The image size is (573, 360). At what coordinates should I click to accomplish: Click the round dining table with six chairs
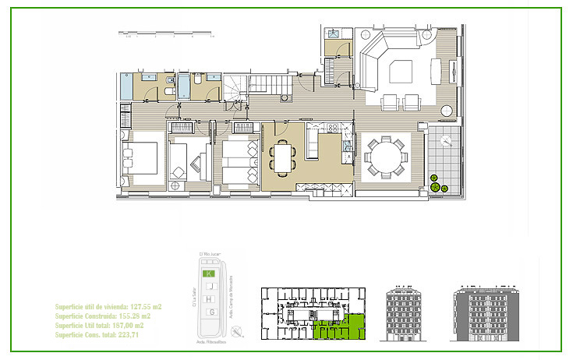click(x=384, y=158)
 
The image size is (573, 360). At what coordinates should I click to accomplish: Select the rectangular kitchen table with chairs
click(x=282, y=159)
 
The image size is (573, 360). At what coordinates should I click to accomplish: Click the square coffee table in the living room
click(x=404, y=72)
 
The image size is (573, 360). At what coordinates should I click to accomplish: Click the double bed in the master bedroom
click(x=141, y=160)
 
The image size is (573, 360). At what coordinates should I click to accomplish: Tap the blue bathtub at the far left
click(x=127, y=87)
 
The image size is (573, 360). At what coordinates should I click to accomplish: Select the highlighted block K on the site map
click(x=208, y=274)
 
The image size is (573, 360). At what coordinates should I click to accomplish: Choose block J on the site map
click(x=208, y=287)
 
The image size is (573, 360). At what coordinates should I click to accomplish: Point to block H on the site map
click(x=208, y=299)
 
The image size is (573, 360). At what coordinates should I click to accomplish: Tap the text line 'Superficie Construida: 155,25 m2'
click(x=102, y=316)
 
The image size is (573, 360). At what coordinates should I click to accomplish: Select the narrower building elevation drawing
click(x=407, y=313)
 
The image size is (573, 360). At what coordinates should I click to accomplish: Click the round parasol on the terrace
click(x=445, y=141)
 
